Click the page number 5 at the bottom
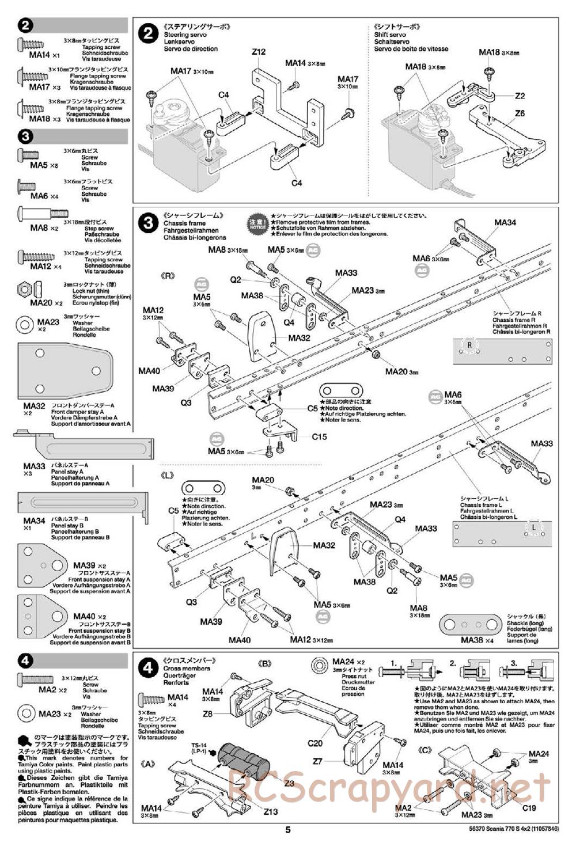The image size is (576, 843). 287,830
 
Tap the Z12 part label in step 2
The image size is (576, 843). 259,52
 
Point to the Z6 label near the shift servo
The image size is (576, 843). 520,113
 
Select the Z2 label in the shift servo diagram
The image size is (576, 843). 520,96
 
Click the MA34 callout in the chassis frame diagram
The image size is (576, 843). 505,222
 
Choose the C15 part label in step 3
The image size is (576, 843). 319,436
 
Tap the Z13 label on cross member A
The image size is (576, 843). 271,812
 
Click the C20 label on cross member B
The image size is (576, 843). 314,743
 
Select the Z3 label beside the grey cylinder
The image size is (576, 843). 289,783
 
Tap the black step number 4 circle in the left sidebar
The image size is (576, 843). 26,660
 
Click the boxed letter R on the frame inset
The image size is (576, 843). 470,345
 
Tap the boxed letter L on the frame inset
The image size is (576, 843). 534,526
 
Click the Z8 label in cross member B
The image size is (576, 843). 208,713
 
